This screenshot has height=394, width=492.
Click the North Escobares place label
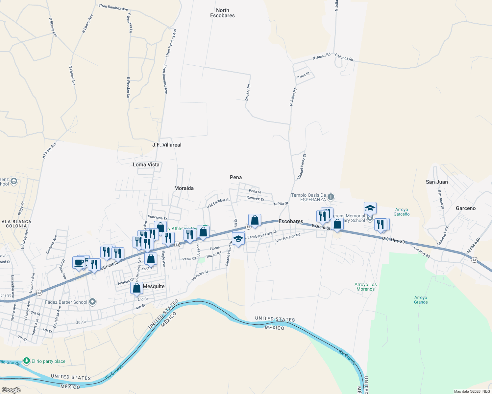(222, 13)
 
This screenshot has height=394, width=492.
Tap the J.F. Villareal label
(167, 145)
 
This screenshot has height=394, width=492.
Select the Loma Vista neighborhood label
(146, 164)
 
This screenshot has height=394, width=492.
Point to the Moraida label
(184, 188)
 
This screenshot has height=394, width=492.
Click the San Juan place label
(437, 182)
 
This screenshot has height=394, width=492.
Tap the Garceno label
(465, 208)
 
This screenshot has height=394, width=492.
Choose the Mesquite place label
(154, 286)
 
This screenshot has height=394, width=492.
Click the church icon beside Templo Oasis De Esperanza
(331, 197)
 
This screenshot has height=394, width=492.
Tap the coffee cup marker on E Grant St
(79, 263)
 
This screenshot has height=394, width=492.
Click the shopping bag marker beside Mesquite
(137, 288)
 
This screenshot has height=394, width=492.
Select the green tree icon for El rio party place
(27, 361)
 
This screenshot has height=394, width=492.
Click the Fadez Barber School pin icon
(93, 301)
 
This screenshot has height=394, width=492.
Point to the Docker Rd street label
(248, 92)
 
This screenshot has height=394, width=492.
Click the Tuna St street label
(304, 75)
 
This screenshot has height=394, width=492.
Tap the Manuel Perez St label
(302, 167)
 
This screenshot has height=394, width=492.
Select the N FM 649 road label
(474, 245)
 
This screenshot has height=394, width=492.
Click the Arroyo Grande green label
(421, 300)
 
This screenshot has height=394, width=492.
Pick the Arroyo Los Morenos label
(366, 287)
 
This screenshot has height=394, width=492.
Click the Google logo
(11, 390)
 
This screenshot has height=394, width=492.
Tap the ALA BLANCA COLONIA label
(16, 224)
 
